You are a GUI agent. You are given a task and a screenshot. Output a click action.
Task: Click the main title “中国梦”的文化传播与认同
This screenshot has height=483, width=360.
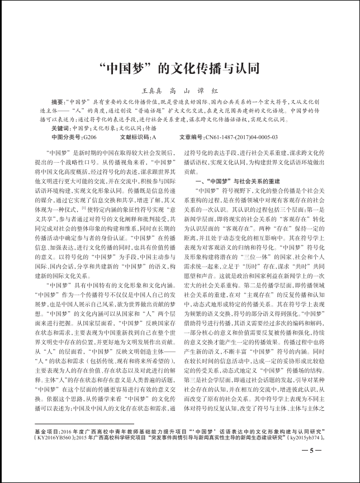click(179, 68)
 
